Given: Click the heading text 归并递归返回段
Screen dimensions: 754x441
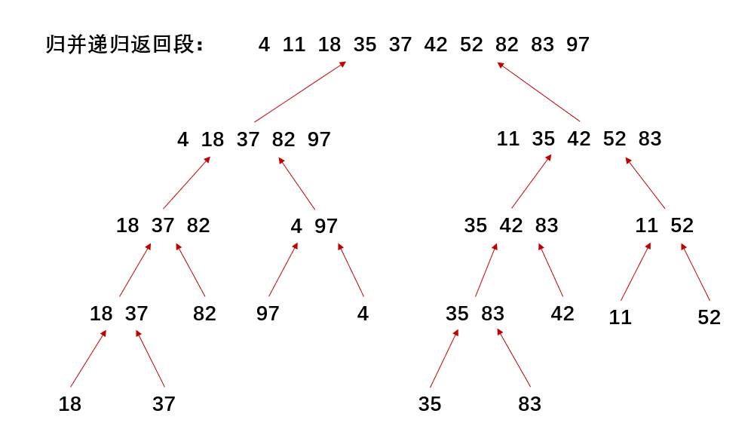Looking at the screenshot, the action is point(124,45).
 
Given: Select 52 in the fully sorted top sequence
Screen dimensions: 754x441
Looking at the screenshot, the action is point(471,45).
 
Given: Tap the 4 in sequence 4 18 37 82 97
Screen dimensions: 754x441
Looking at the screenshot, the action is point(183,140).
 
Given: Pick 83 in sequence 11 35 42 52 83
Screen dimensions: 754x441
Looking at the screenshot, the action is point(650,139).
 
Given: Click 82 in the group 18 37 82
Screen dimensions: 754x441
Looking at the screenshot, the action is point(198,226).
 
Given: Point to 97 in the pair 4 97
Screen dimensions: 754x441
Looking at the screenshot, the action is point(326,226).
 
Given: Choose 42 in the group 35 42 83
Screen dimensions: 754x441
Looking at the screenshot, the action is point(511,226).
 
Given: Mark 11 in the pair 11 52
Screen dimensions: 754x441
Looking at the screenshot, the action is point(646,226).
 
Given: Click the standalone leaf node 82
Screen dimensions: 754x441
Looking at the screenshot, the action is point(204,314).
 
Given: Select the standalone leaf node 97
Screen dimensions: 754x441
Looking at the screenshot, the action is point(268,314).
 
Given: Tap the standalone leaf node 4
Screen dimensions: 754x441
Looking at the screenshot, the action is point(363,314).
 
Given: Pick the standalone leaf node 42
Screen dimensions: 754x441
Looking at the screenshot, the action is point(562,314).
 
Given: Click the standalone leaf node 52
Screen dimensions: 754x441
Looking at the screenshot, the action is point(709,317).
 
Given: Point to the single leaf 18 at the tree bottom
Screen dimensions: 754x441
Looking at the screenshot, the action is point(70,404).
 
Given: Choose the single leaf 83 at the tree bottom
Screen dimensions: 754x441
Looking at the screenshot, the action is point(529,404).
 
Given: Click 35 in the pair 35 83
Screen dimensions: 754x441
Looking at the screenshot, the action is point(457,314).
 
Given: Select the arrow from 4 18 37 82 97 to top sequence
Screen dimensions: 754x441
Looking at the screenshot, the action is point(300,91).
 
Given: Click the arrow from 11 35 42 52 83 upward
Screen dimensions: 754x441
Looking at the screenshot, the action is point(539,91).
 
